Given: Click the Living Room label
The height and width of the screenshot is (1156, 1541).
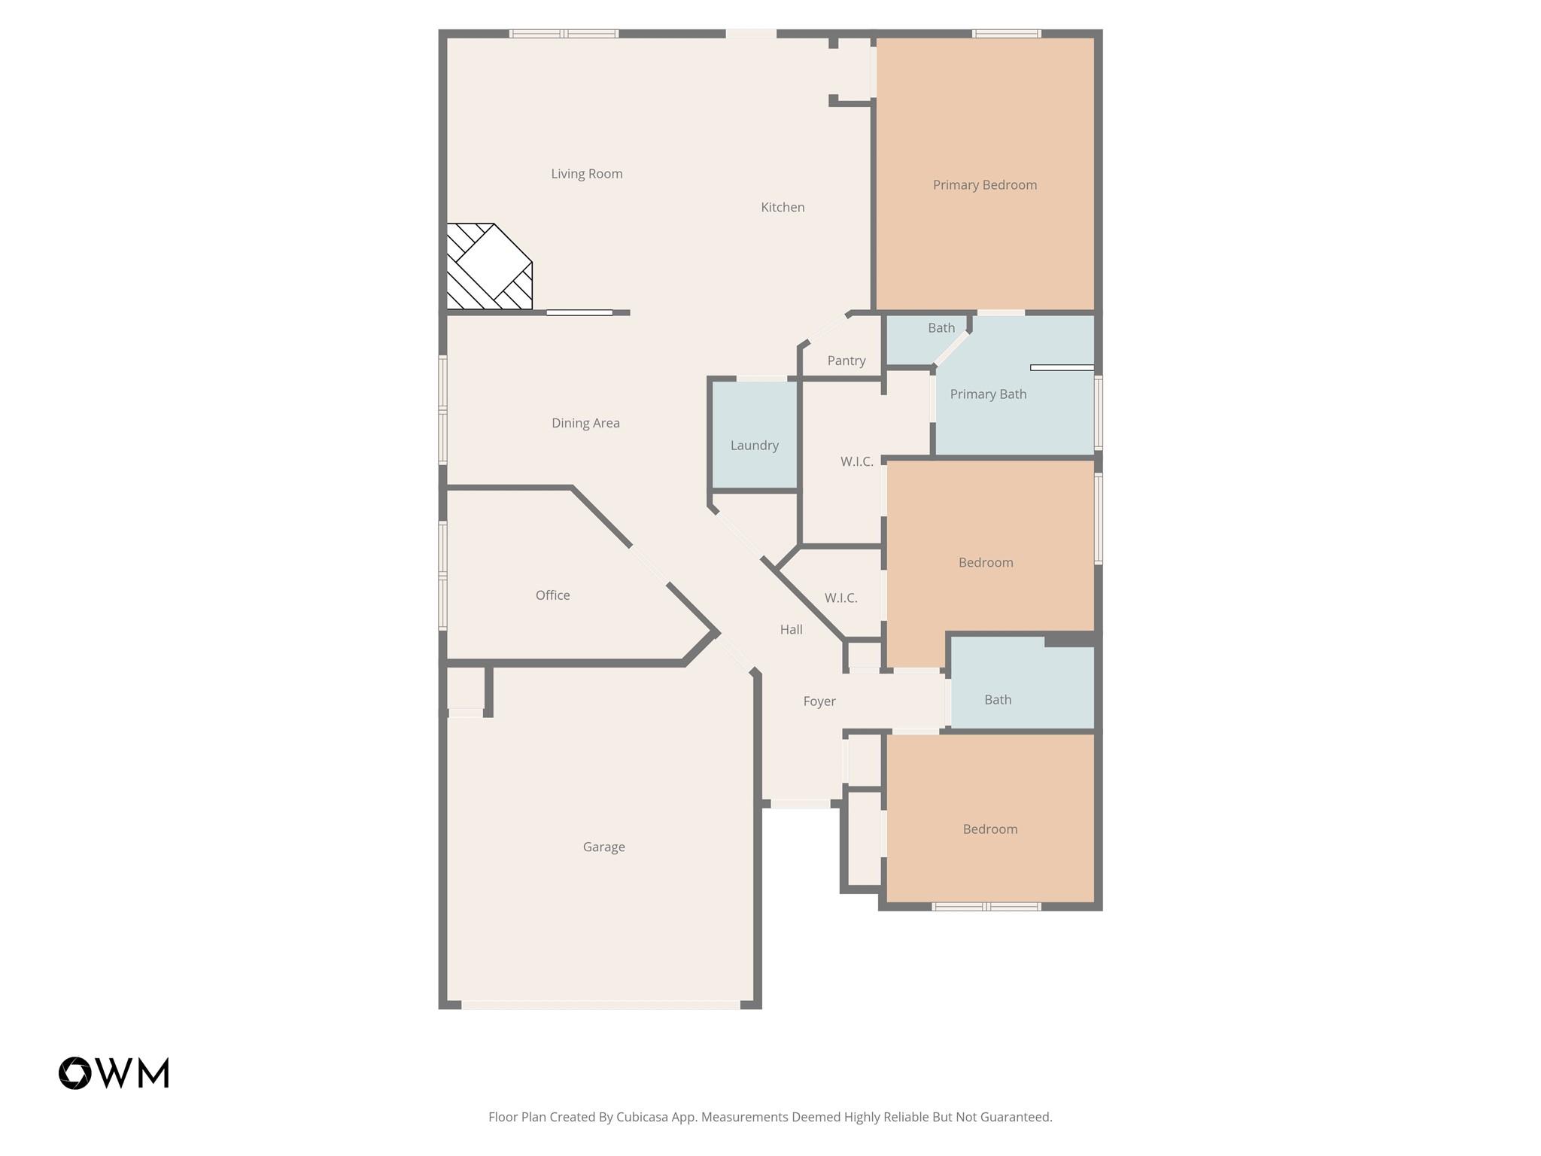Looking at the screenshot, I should coord(586,174).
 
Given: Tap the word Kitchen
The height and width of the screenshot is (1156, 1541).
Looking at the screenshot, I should coord(782,207).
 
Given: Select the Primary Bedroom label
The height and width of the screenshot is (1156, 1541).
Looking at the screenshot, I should coord(984,184).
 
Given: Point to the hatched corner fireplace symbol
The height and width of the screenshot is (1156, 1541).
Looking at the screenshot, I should coord(489,266).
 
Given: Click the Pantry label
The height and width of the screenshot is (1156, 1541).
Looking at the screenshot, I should coord(846,360).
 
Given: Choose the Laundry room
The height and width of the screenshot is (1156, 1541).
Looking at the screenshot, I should coord(754,445).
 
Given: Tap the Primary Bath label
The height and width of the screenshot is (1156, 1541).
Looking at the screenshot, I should coord(987,394).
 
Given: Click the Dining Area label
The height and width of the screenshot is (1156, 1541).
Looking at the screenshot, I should coord(585,423).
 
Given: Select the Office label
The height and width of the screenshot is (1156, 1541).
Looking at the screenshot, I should coord(552,595).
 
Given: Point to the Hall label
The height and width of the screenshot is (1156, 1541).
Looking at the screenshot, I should coord(791,629).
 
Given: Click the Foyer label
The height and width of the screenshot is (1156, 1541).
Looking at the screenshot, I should coord(819,701).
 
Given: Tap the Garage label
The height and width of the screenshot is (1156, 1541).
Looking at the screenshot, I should coord(603,847).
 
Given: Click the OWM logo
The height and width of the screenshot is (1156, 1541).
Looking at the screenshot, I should coord(114,1072).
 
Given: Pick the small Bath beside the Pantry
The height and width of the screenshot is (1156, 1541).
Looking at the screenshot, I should coord(941,327).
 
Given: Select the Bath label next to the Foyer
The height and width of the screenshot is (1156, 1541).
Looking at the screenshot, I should coord(997,699).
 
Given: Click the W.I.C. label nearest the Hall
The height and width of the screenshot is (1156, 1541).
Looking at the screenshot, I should coord(840,598).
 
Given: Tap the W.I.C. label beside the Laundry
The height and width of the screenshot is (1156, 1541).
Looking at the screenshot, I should coord(856,461).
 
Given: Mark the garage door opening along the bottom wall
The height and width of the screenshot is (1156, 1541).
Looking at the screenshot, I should coord(600,1005).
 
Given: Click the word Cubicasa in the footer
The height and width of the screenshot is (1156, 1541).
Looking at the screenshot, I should coord(643,1117).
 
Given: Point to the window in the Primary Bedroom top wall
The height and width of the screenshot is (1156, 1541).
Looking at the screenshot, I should coord(1006,33).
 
